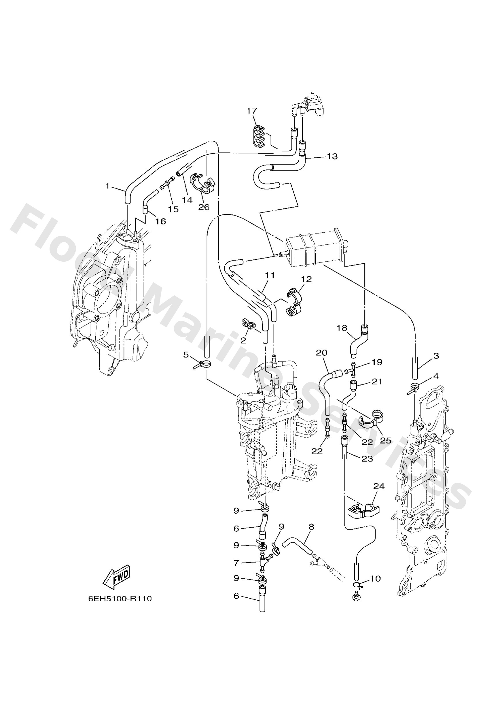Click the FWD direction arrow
point(117,578)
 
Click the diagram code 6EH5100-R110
point(120,599)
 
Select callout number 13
point(332,156)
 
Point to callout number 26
point(204,207)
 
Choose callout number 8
point(311,527)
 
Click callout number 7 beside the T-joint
point(236,563)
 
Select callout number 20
point(321,352)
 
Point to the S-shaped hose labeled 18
point(359,342)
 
